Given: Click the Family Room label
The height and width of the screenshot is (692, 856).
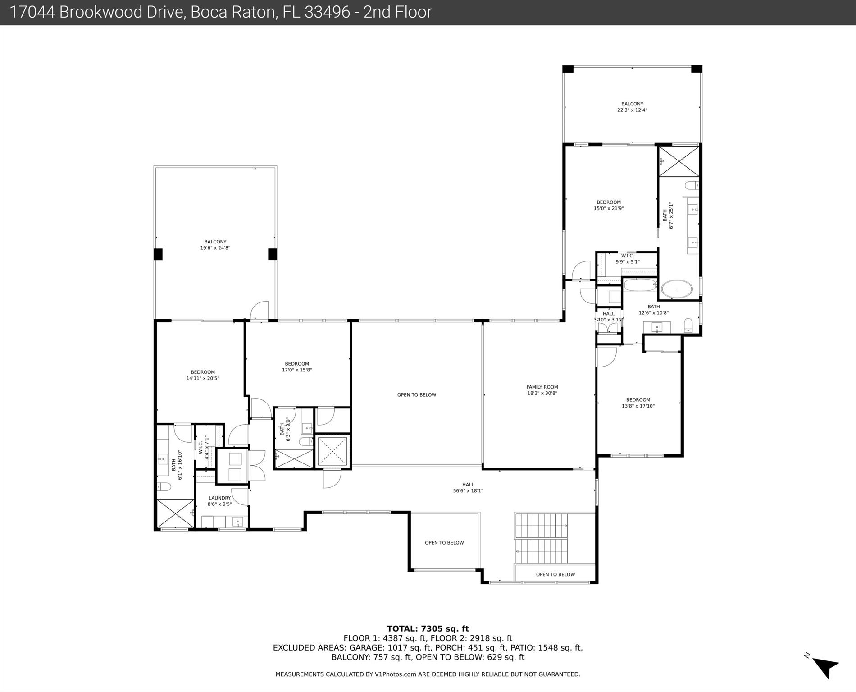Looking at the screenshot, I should (x=542, y=390).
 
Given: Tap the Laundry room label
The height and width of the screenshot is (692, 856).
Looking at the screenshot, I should (x=219, y=501).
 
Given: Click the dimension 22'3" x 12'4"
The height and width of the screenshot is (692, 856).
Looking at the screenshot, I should (x=632, y=110).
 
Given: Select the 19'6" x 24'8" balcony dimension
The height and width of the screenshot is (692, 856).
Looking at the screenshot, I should (x=215, y=248).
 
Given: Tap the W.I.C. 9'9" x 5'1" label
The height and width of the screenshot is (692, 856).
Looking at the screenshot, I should (x=627, y=259).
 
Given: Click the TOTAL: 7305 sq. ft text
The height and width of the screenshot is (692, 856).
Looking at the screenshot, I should (x=428, y=628).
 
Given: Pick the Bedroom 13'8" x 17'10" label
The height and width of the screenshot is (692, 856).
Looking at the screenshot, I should (x=638, y=403).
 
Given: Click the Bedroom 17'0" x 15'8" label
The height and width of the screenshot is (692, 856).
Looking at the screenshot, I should (x=296, y=367).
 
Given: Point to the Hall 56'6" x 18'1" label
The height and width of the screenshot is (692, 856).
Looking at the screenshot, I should (x=468, y=488).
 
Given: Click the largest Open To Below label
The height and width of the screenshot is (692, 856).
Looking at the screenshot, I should (x=416, y=395).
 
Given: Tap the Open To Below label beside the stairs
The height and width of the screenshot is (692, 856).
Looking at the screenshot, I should (x=555, y=574).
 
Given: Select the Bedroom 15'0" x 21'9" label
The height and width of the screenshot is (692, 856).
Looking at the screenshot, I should (x=608, y=205).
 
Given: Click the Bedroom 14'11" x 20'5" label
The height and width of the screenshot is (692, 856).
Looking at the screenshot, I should (x=203, y=375).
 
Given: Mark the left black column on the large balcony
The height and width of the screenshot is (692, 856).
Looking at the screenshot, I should (x=158, y=254).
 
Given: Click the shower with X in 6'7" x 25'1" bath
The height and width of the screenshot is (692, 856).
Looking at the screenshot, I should (x=678, y=161).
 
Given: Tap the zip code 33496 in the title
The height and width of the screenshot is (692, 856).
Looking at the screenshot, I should (x=327, y=12).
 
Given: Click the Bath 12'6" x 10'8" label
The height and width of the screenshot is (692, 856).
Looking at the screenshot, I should (x=653, y=310).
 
